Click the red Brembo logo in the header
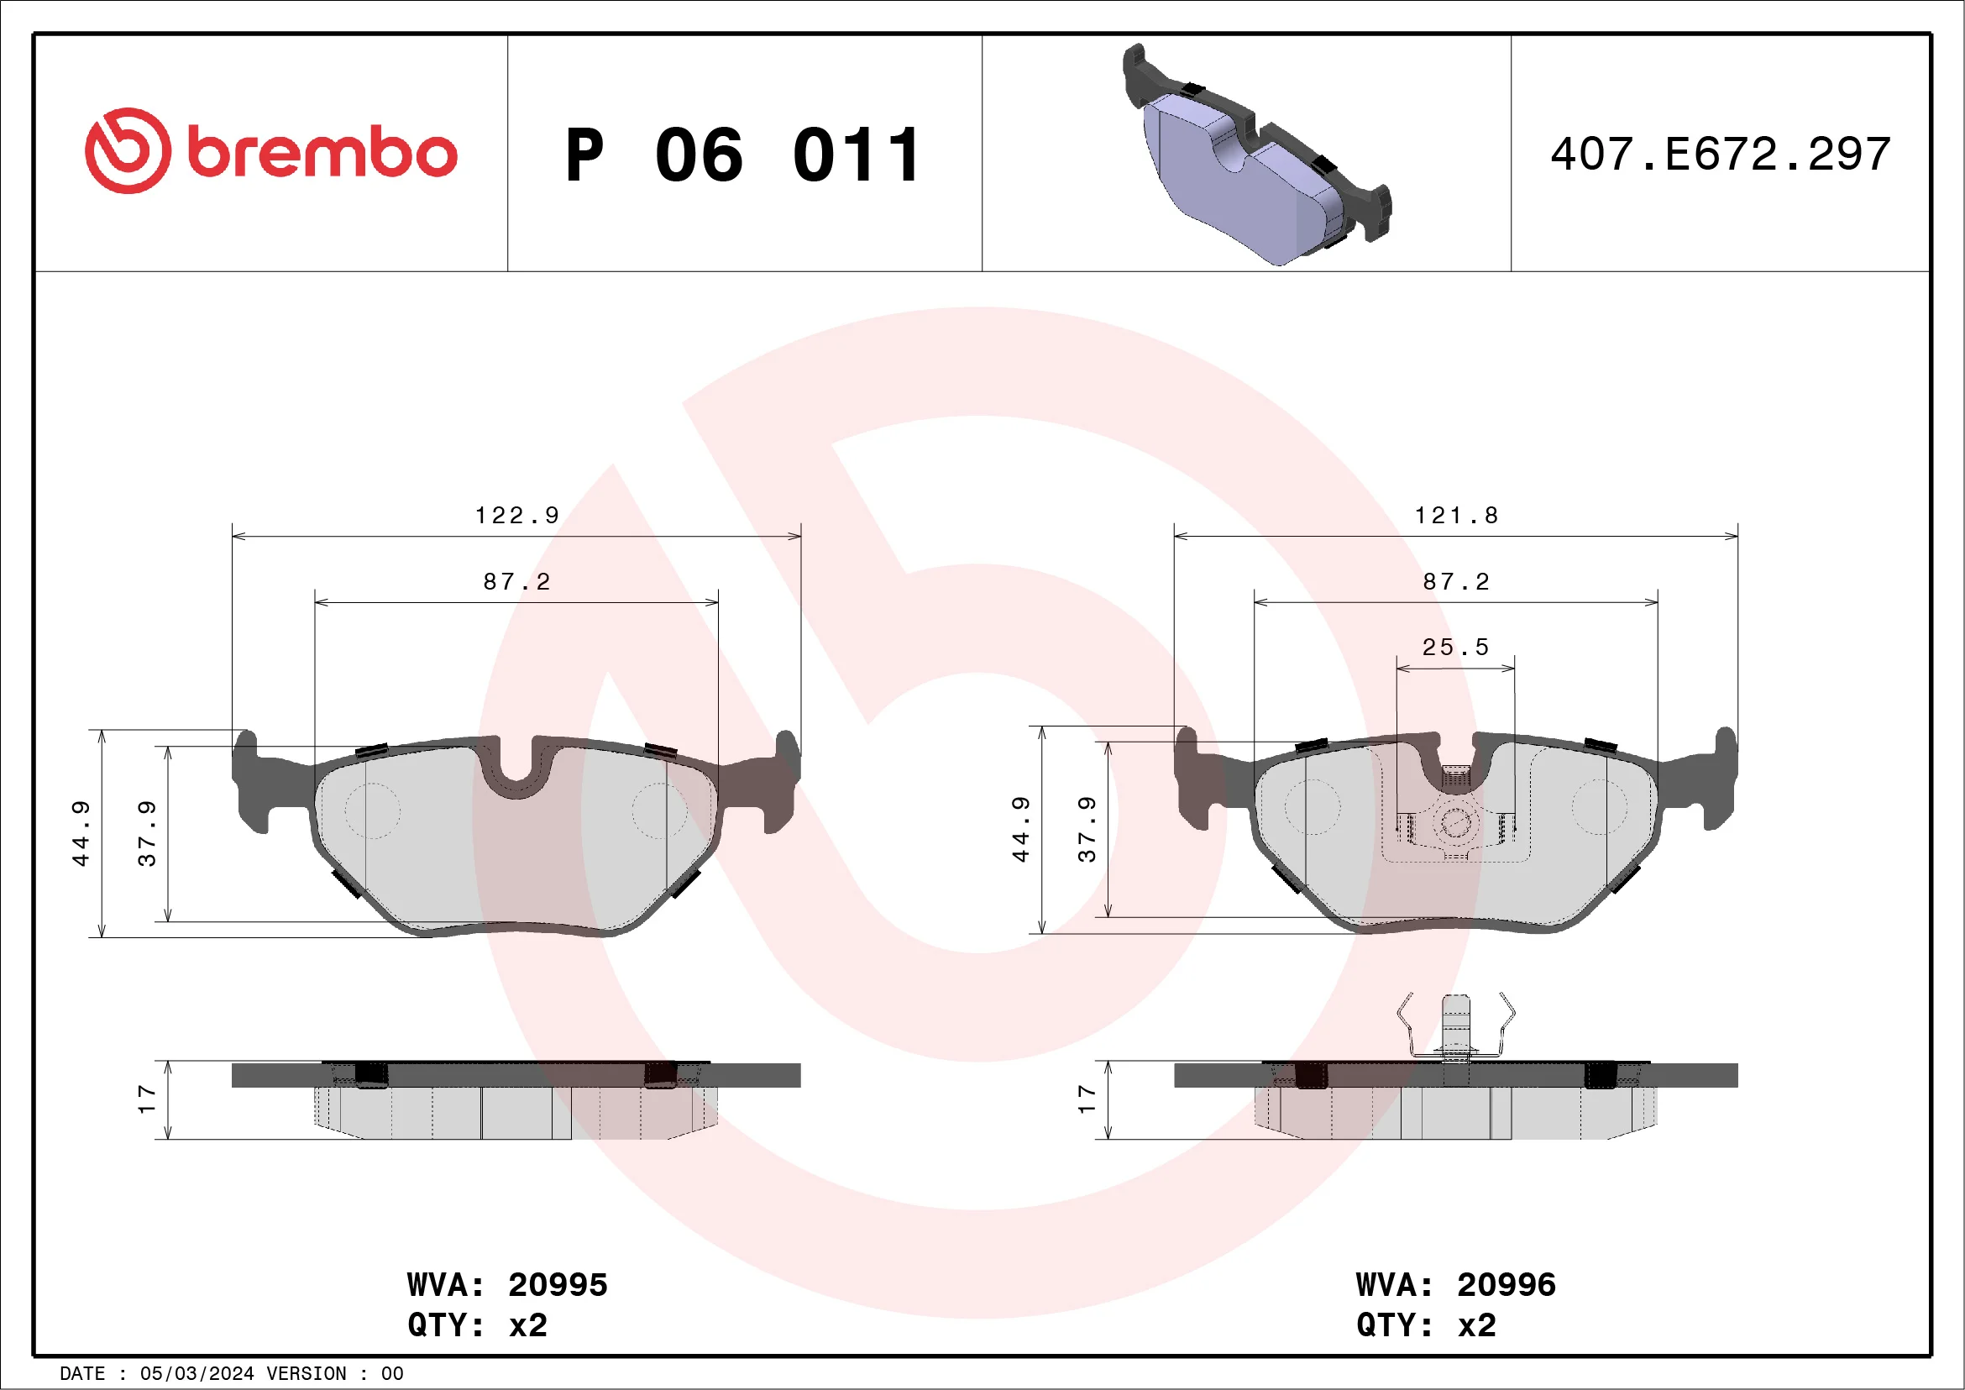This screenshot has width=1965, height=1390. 271,150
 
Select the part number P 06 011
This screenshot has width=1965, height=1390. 743,155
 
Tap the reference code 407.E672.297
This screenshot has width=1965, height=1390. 1721,154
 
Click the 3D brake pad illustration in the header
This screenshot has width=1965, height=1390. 1256,155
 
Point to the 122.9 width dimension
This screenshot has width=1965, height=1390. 517,515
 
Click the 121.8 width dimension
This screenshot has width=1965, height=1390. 1456,515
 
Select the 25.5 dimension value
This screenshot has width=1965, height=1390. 1455,647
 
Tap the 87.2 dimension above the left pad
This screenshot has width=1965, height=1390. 516,582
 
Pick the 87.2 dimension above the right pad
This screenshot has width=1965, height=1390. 1456,582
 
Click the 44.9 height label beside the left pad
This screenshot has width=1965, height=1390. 81,834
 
